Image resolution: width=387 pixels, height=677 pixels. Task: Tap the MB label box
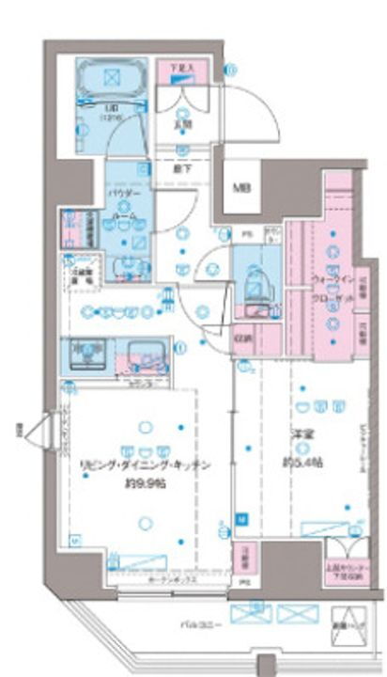click(241, 187)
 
